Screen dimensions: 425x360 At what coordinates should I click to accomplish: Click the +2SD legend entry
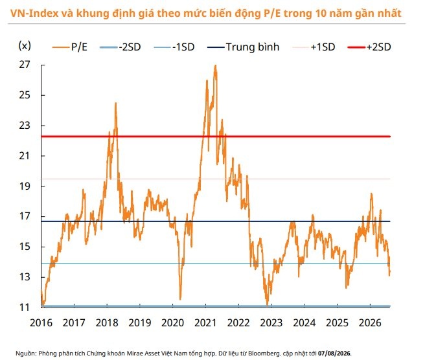369,47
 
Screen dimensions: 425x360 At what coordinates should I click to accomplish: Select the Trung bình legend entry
243,47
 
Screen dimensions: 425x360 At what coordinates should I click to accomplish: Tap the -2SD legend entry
121,47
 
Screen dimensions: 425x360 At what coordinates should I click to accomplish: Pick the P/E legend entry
70,47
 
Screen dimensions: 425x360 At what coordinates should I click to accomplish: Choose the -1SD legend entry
174,47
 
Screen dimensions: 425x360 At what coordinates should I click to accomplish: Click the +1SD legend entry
314,47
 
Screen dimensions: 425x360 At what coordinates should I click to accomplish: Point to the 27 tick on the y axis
25,65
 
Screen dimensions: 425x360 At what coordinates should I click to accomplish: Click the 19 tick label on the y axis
25,186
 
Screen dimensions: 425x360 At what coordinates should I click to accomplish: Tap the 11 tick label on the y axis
25,307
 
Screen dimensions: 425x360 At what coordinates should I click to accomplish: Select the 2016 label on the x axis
41,322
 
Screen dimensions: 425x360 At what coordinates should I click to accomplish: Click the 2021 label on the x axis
205,322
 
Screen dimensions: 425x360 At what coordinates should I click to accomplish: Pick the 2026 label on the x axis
370,322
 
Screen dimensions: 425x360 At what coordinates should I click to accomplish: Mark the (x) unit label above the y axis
25,45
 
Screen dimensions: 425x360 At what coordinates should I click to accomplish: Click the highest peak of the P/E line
216,65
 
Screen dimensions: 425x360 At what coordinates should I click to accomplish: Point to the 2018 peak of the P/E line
116,103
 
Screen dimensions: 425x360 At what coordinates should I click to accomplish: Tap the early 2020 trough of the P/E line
181,299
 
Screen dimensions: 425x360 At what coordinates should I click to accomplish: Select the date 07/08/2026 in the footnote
334,354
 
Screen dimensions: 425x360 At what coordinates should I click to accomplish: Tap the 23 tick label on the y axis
25,126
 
